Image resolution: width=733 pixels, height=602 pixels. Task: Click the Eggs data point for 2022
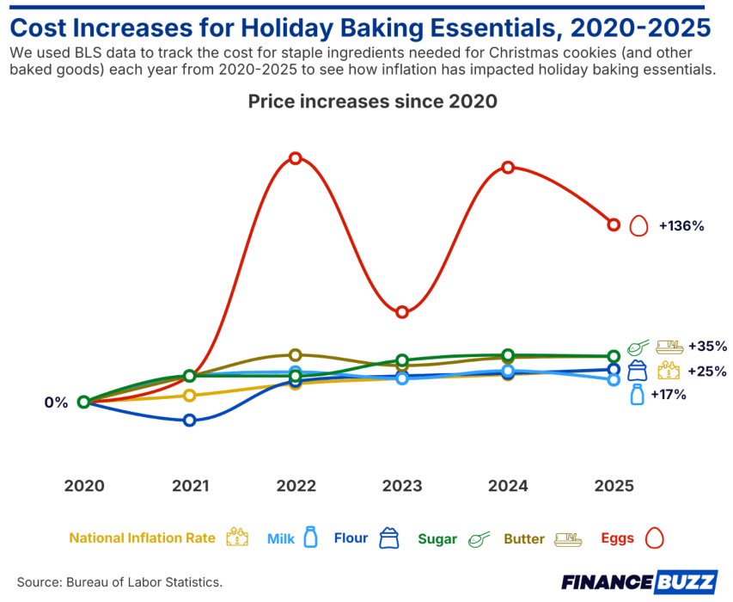(x=296, y=158)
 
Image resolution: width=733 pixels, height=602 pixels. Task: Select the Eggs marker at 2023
(x=401, y=311)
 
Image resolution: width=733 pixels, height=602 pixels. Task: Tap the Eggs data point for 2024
(x=508, y=167)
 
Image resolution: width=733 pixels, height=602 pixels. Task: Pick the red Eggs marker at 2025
(x=614, y=224)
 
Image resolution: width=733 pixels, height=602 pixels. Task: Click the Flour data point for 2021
(x=190, y=420)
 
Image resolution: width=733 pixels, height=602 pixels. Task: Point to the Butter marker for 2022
(x=296, y=354)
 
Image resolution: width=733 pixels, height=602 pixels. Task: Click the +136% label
(x=681, y=226)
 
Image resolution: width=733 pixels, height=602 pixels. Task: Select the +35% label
(x=707, y=347)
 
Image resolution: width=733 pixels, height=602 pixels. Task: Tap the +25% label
(x=707, y=372)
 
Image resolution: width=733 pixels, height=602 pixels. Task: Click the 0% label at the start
(x=56, y=402)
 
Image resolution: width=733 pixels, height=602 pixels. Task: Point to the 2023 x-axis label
(x=401, y=486)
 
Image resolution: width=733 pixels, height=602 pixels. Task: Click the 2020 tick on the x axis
(x=84, y=486)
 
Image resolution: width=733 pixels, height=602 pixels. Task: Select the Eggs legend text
(x=617, y=539)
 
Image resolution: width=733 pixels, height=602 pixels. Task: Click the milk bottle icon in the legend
(x=311, y=538)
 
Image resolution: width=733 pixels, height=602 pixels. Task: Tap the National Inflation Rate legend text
(x=142, y=539)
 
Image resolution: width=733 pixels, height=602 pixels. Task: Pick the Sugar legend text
(x=437, y=539)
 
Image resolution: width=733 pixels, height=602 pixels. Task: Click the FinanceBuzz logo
(x=638, y=582)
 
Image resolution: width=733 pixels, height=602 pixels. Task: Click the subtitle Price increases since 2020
(x=373, y=101)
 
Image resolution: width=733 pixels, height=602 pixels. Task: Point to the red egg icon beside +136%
(x=638, y=226)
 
